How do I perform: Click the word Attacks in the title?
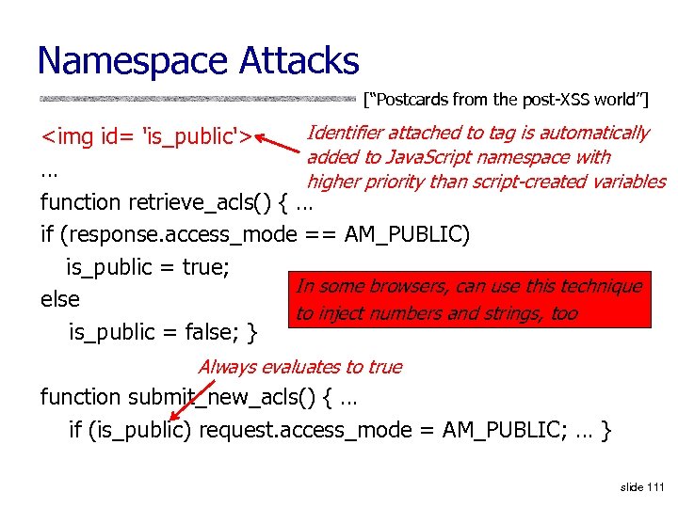299,62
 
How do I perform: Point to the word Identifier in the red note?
348,134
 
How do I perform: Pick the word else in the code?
60,299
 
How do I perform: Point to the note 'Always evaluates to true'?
299,367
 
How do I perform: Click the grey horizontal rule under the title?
198,98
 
